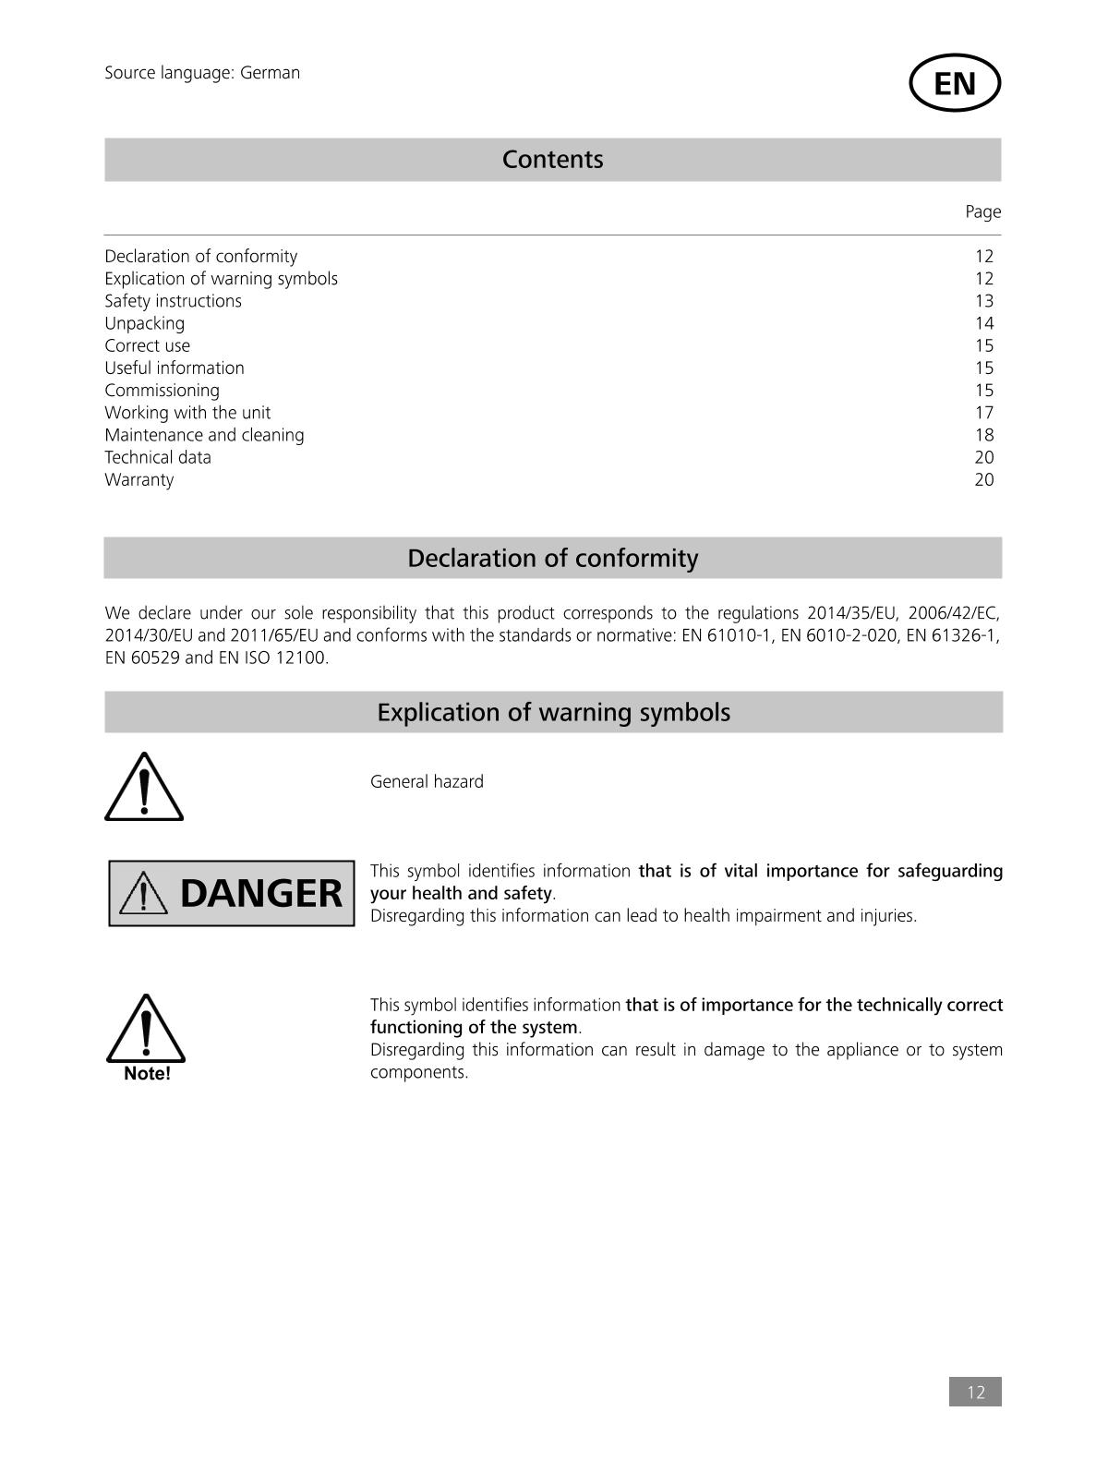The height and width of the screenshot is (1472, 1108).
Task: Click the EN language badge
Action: [955, 83]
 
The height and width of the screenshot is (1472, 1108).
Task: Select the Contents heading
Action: [552, 160]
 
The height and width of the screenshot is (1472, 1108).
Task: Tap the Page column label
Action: [982, 211]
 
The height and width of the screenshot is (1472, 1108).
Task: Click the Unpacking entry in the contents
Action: [144, 323]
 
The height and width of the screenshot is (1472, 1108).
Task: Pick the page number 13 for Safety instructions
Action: [983, 301]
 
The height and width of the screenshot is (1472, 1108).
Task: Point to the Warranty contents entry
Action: [138, 479]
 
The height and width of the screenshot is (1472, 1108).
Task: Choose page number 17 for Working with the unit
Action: [983, 413]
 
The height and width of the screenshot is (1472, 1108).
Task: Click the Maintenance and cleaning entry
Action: [204, 435]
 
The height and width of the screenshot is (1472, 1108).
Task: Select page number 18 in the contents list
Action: [983, 435]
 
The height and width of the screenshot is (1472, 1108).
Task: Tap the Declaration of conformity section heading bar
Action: [552, 559]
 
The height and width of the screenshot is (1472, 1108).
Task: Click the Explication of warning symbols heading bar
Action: [552, 713]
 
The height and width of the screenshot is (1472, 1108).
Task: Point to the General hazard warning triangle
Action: [143, 788]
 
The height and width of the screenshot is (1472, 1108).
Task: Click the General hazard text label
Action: [427, 782]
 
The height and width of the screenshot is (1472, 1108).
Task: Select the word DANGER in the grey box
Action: [260, 894]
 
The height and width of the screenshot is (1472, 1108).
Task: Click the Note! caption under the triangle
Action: [147, 1074]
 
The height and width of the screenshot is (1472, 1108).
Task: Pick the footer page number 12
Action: [975, 1393]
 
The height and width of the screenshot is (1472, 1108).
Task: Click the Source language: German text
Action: [202, 73]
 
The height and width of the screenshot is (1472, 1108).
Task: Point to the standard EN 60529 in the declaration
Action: [142, 658]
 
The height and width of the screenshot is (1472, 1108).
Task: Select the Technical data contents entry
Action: [158, 457]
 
